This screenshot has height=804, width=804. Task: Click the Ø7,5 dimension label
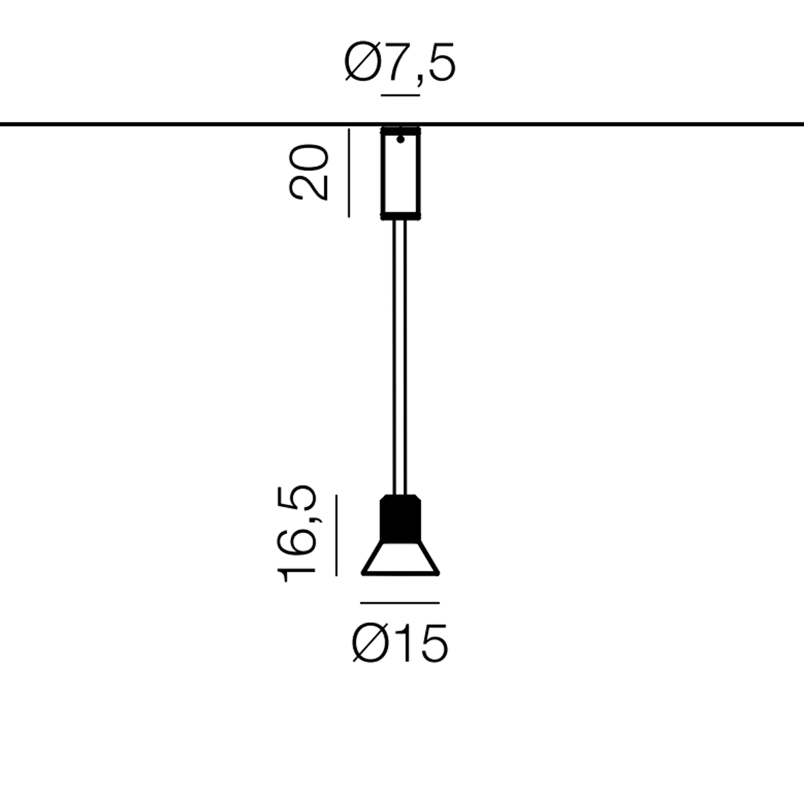coord(400,62)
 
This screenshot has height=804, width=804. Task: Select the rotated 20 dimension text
coord(308,172)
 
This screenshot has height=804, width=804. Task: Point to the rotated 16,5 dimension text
coord(297,533)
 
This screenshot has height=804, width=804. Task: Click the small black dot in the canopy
coord(401,139)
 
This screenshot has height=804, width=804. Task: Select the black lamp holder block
coord(400,519)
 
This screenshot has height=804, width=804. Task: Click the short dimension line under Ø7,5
coord(400,95)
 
